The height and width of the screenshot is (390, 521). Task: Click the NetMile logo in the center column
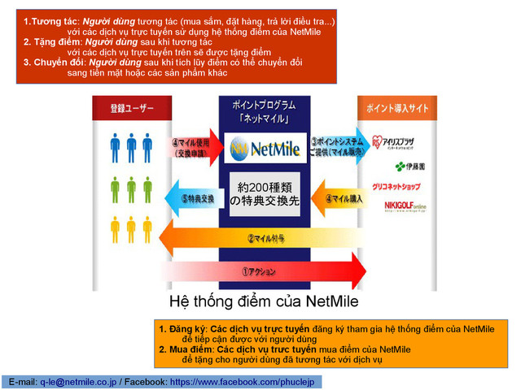pos(265,149)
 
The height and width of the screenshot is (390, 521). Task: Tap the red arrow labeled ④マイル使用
pos(191,147)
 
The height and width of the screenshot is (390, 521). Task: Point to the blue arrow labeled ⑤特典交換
pos(190,197)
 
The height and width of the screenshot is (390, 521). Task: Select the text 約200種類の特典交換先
pos(265,193)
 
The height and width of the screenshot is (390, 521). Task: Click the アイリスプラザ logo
pos(400,144)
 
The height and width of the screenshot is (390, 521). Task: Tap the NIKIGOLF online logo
pos(405,206)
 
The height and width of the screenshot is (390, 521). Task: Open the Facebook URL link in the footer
pos(245,381)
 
